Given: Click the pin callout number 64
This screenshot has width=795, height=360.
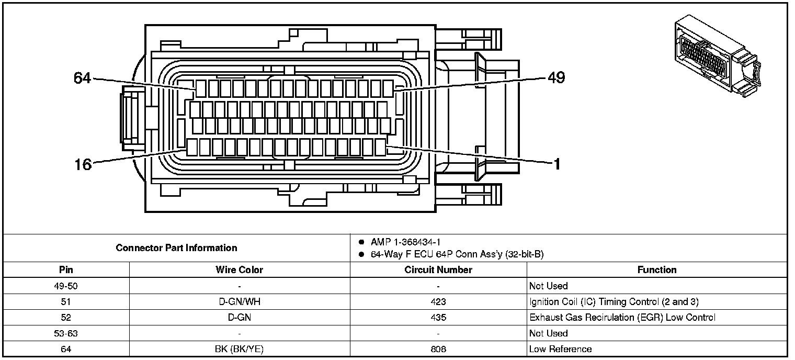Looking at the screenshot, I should click(x=82, y=78).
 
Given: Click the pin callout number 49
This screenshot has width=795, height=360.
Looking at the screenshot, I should click(x=556, y=78).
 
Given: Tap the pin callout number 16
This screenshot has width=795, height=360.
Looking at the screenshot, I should click(x=83, y=165).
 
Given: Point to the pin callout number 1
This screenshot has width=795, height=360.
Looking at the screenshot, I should click(x=557, y=165).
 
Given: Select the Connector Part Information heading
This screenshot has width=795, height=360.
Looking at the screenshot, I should click(x=176, y=248).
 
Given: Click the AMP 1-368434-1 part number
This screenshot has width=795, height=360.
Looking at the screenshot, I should click(x=405, y=242).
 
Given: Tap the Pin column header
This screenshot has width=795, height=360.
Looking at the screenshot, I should click(x=66, y=270).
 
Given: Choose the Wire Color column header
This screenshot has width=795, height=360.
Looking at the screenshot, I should click(x=239, y=270).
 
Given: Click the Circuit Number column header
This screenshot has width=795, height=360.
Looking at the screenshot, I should click(x=438, y=270).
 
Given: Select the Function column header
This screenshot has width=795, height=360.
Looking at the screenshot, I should click(x=657, y=270).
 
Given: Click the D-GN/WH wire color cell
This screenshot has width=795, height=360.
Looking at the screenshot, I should click(x=239, y=302).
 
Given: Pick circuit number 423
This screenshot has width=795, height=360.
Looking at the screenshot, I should click(x=438, y=302).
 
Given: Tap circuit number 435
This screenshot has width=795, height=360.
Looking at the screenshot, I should click(x=438, y=318).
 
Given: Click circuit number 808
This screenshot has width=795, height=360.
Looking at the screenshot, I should click(x=438, y=349).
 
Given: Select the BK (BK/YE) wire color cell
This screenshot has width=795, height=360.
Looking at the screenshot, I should click(x=239, y=349).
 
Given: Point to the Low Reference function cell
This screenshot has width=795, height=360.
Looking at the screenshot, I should click(x=560, y=349).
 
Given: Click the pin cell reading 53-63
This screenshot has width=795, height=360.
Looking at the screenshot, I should click(x=66, y=333).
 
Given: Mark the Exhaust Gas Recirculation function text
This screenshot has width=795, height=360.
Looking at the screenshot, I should click(x=622, y=318).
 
